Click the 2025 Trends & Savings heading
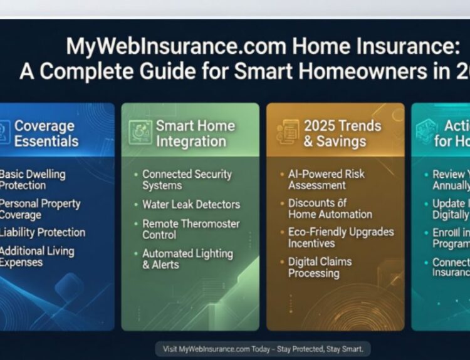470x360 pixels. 342,133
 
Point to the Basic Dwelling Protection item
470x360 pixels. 31,179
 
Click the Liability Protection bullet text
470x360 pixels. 42,232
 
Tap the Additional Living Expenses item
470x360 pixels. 36,257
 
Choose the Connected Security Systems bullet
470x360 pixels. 187,180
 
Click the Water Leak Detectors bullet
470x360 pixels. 191,204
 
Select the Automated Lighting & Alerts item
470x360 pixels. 187,259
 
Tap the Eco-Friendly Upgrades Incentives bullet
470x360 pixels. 340,237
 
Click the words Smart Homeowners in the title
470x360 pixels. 325,71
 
